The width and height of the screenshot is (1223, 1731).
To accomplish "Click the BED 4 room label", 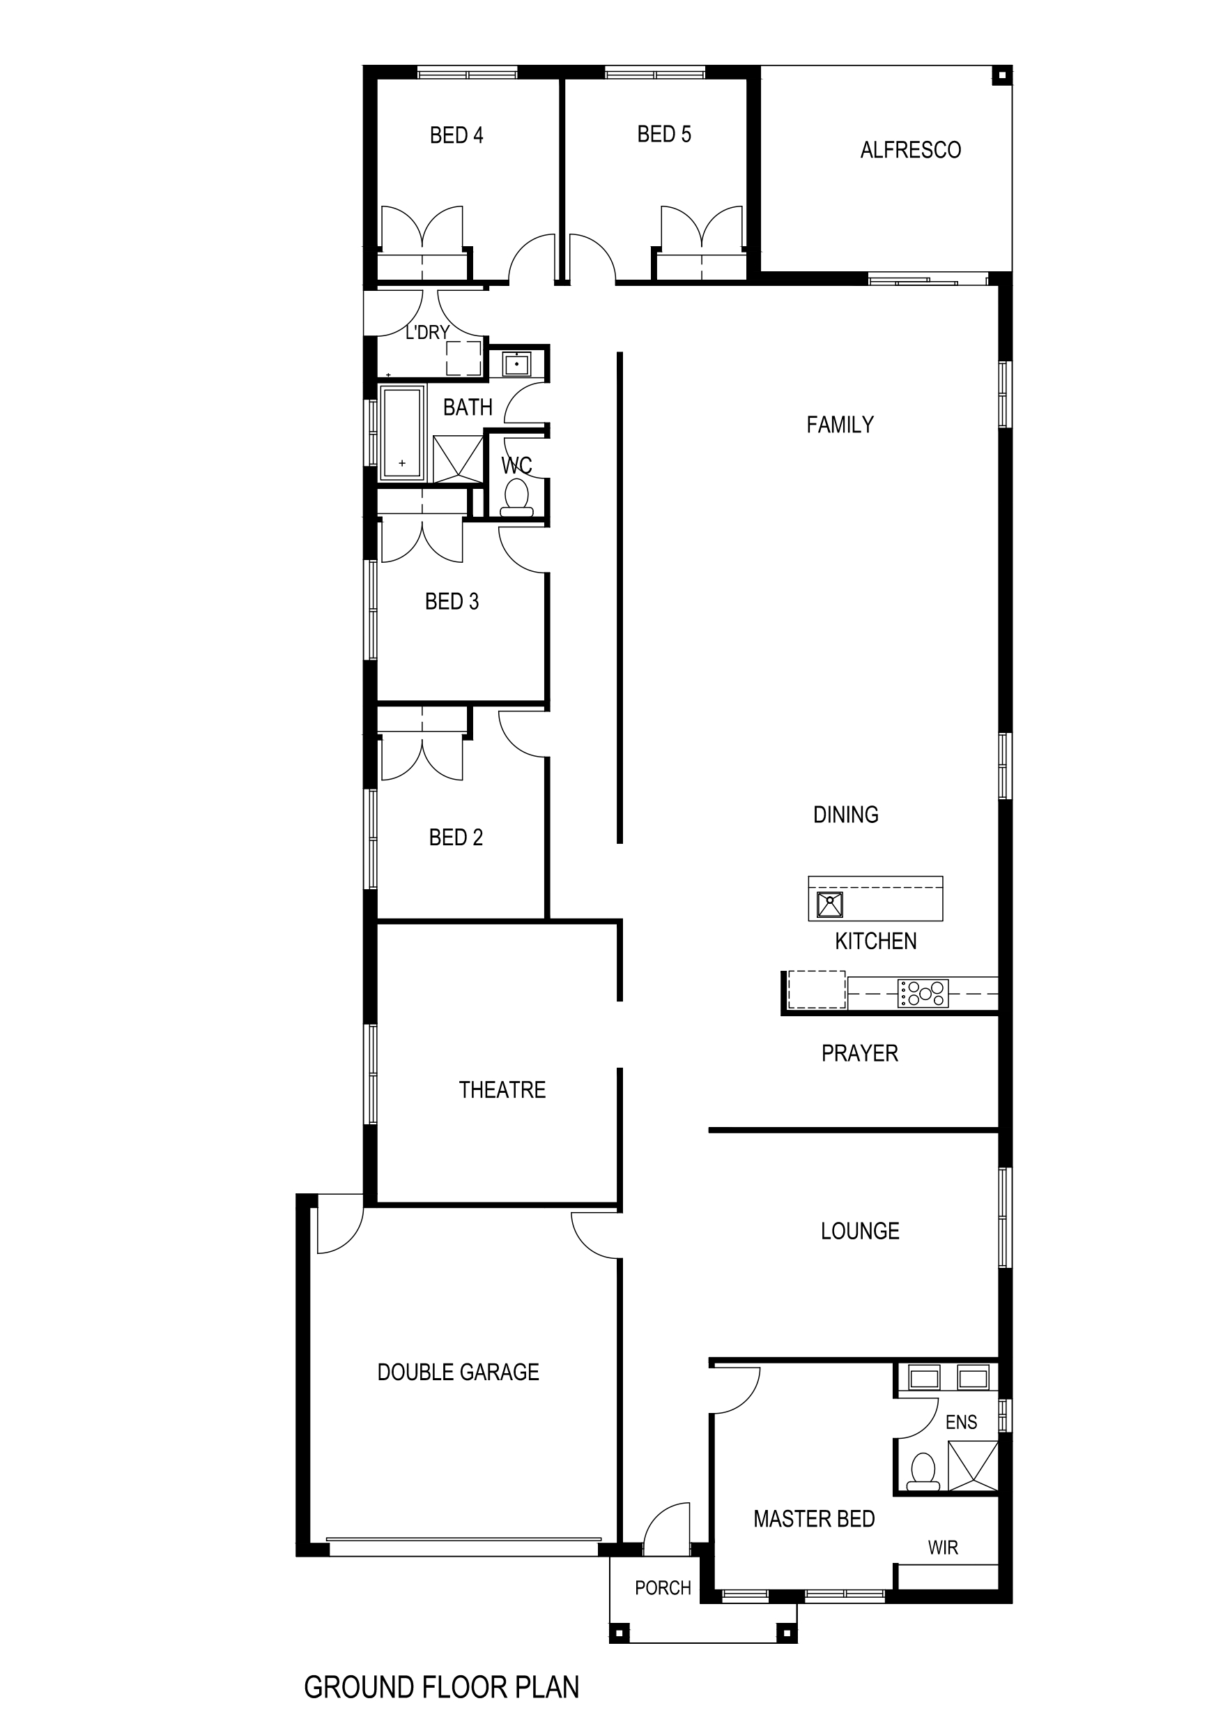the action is (x=456, y=135).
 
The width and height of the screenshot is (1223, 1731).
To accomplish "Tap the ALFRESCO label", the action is (x=910, y=150).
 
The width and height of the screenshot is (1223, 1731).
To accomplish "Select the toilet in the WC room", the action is (x=516, y=499).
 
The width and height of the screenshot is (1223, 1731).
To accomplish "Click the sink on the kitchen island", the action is (x=830, y=904).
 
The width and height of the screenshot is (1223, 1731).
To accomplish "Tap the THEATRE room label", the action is (x=502, y=1089).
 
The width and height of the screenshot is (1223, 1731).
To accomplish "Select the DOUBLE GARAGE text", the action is (x=458, y=1371).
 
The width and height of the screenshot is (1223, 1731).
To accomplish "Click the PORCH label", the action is (x=663, y=1588).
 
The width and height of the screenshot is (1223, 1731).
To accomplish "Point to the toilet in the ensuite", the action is (x=923, y=1472).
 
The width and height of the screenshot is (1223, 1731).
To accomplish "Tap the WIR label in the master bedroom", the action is (x=943, y=1547).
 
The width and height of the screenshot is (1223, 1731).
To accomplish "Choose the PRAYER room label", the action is (x=860, y=1053).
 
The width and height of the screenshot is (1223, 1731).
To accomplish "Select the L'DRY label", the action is (x=427, y=333).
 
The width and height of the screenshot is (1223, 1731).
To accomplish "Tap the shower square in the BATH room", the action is (x=457, y=458).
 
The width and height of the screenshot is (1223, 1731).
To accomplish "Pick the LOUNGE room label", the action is (x=860, y=1231).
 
